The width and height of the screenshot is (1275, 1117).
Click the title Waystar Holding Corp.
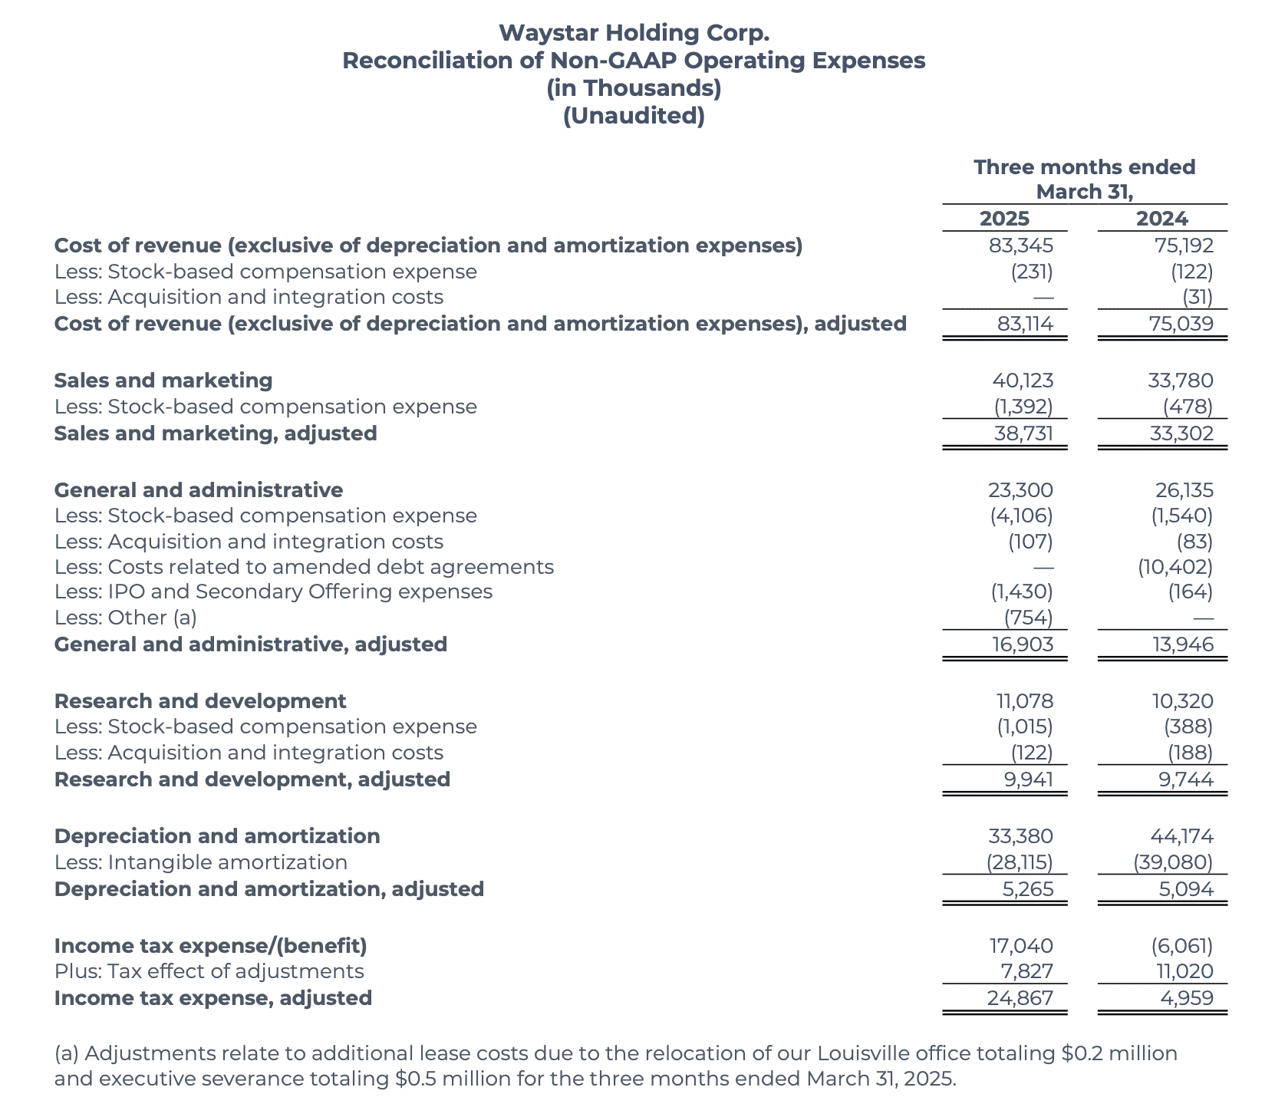pyautogui.click(x=634, y=33)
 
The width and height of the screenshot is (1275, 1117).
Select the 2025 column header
pyautogui.click(x=1004, y=219)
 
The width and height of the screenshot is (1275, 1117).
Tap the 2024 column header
pyautogui.click(x=1161, y=219)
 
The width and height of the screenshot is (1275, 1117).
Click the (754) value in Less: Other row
pyautogui.click(x=1028, y=618)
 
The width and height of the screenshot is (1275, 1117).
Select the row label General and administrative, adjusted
pyautogui.click(x=250, y=644)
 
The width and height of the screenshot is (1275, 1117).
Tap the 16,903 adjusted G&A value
pyautogui.click(x=1023, y=644)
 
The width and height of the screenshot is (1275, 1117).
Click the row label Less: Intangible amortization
pyautogui.click(x=200, y=862)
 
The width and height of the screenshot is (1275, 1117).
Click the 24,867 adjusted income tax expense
pyautogui.click(x=1021, y=998)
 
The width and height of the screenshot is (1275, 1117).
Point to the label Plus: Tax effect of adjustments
pyautogui.click(x=209, y=971)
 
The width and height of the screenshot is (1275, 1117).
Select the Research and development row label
pyautogui.click(x=199, y=701)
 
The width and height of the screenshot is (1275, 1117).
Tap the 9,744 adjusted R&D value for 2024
pyautogui.click(x=1186, y=780)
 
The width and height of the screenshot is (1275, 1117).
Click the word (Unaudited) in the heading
pyautogui.click(x=634, y=117)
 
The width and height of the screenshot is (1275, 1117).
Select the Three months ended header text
pyautogui.click(x=1084, y=167)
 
